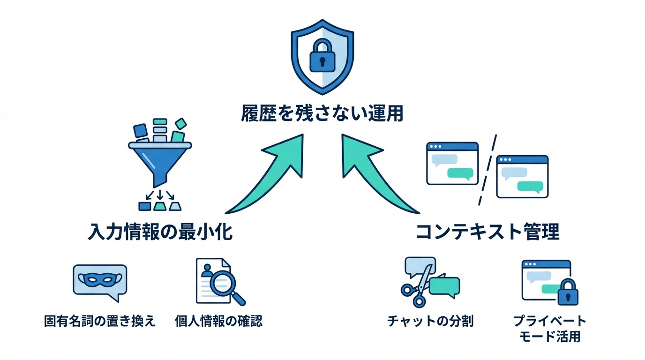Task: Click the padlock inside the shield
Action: tap(322, 55)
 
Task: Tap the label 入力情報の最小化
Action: tap(160, 232)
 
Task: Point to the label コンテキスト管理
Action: tap(487, 232)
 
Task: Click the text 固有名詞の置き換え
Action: tap(99, 321)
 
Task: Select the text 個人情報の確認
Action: tap(218, 321)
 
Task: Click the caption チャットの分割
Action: tap(430, 321)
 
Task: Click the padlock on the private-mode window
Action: tap(568, 293)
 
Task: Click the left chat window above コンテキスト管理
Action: tap(452, 164)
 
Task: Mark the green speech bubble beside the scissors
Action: tap(444, 286)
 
